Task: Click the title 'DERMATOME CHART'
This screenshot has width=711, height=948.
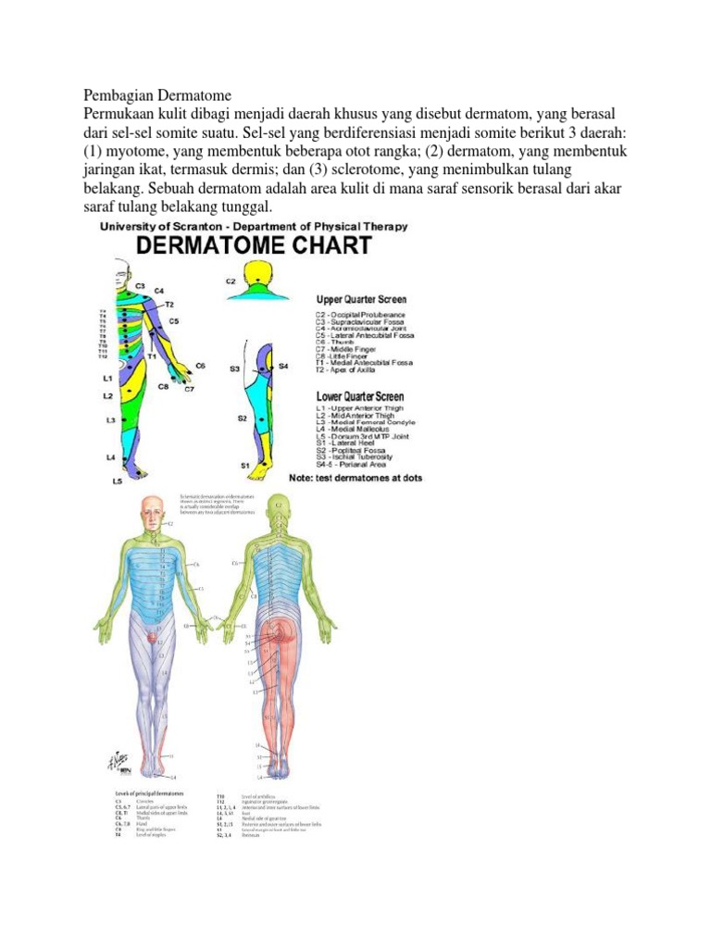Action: (255, 246)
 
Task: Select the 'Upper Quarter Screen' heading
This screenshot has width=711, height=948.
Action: (362, 300)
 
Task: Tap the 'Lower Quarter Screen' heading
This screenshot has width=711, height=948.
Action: (360, 396)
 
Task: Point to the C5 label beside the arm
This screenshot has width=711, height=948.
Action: (174, 321)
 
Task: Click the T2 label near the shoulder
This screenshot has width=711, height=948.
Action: (169, 304)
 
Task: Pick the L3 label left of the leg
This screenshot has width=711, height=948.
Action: (110, 420)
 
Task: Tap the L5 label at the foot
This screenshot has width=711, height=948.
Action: (118, 481)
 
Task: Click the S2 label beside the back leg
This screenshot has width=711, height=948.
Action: (242, 418)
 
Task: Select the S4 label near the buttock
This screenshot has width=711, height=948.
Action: (283, 367)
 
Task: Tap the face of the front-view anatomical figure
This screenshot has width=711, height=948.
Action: (154, 511)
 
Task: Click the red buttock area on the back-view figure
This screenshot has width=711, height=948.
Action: (277, 640)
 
